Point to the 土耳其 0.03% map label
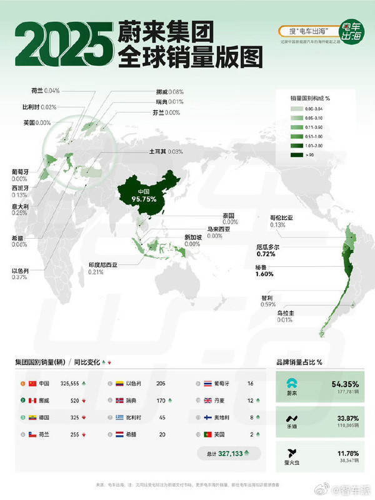166,151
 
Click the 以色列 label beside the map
21,271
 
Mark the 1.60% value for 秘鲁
265,273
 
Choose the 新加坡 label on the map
192,237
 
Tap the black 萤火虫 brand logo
289,452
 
